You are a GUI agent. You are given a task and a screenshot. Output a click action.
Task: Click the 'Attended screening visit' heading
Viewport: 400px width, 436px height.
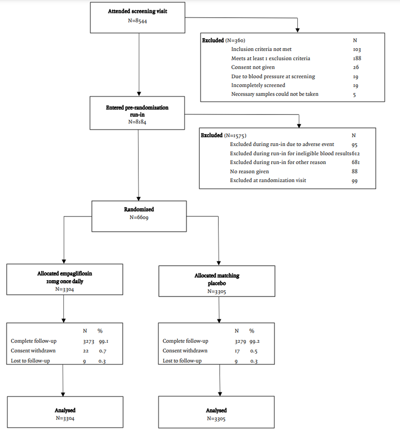137,11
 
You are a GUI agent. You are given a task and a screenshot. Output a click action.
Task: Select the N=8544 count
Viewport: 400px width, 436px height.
138,20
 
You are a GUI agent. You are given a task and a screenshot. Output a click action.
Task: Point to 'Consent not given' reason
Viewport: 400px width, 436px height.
253,67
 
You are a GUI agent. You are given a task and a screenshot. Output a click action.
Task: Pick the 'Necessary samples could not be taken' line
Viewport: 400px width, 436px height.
275,94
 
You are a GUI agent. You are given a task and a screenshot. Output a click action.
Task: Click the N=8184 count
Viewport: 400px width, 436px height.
137,121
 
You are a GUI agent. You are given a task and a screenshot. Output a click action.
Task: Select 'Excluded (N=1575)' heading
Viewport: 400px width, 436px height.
223,136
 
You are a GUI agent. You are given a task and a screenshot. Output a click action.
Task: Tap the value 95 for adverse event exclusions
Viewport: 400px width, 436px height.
354,144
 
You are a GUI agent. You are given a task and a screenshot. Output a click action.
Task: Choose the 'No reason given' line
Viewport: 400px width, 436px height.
249,171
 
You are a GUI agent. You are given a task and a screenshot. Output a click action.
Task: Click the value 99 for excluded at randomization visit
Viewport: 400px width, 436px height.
354,180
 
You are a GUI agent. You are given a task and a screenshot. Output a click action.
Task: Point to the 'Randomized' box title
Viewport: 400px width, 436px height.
139,209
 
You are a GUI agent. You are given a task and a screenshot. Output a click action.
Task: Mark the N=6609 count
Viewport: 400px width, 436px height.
139,218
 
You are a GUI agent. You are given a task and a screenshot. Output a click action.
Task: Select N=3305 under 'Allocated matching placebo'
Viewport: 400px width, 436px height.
217,291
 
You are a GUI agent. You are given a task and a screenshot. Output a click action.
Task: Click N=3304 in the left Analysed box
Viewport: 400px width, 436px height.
65,418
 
